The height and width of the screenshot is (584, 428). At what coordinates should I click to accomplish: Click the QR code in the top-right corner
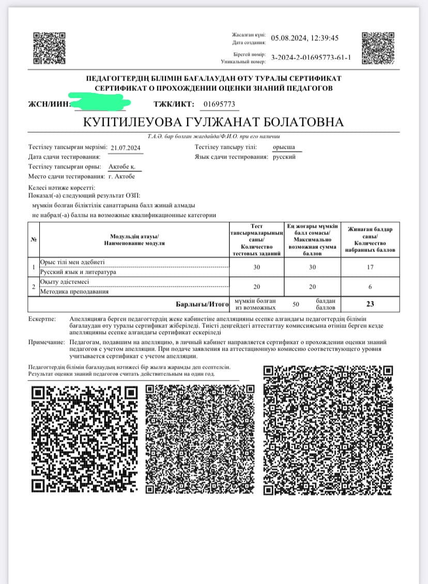[x=378, y=49]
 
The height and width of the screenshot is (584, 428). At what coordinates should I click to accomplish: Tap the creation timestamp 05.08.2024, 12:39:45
[x=305, y=38]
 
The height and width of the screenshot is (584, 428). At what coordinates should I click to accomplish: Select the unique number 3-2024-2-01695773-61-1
[x=311, y=57]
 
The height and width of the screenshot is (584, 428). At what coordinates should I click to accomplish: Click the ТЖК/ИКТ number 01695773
[x=219, y=104]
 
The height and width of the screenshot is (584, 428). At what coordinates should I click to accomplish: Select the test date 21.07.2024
[x=126, y=148]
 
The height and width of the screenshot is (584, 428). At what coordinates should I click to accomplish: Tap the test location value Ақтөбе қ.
[x=125, y=167]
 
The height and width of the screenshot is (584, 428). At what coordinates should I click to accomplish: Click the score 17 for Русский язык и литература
[x=369, y=267]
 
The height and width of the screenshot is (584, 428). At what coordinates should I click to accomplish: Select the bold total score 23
[x=370, y=304]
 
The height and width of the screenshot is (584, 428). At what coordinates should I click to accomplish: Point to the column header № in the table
[x=34, y=239]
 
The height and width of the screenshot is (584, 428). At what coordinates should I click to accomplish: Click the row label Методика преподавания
[x=74, y=292]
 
